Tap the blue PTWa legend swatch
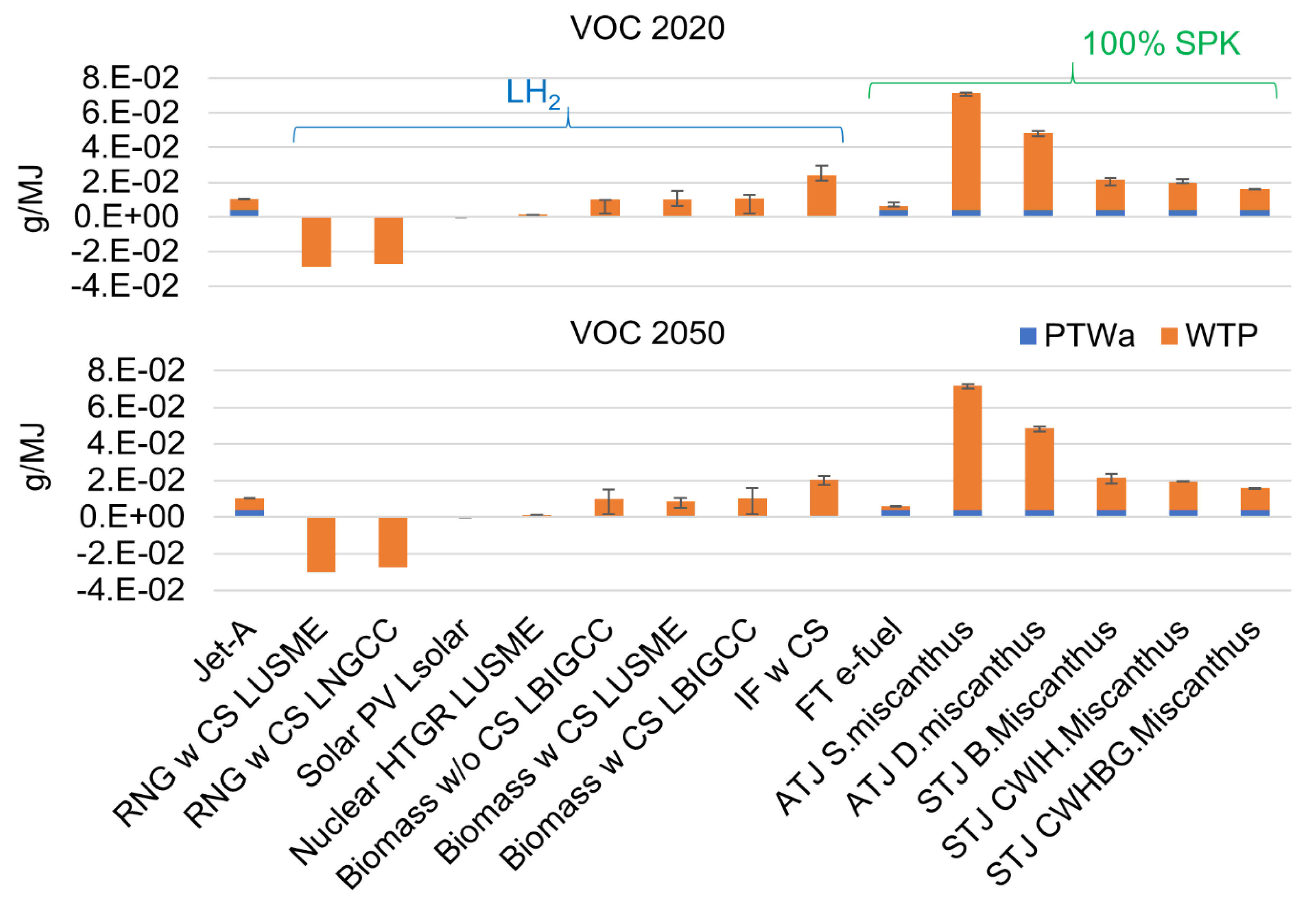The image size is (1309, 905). tap(1027, 336)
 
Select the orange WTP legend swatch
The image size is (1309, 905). tap(1169, 336)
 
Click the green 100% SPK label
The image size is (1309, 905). tap(1161, 44)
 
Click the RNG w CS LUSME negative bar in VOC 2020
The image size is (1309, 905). tap(316, 242)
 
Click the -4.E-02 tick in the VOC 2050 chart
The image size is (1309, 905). tap(130, 590)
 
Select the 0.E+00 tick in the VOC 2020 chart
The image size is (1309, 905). tap(126, 217)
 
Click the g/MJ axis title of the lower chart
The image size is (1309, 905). tap(35, 457)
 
